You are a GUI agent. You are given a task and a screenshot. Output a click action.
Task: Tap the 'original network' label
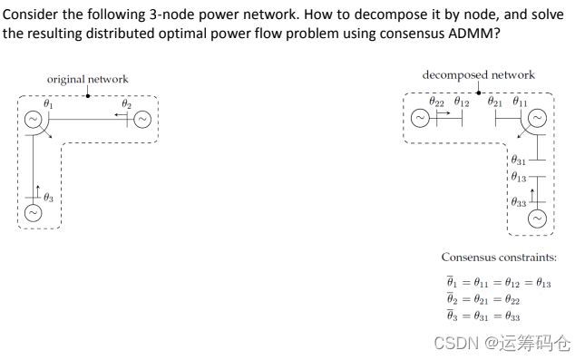[88, 79]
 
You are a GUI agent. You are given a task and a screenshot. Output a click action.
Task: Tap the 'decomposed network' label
[478, 74]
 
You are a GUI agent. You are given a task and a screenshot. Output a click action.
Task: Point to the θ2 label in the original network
[126, 105]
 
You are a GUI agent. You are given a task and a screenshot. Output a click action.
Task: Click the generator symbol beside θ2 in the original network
[143, 122]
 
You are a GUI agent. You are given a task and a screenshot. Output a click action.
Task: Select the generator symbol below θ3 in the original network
[33, 213]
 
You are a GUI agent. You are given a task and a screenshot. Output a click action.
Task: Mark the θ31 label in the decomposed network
[519, 161]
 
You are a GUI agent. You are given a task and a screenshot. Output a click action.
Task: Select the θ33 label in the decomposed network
[519, 202]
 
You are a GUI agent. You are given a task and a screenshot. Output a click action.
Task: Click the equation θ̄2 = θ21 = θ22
[483, 299]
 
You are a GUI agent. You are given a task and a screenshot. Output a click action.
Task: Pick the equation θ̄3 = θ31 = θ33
[483, 316]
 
